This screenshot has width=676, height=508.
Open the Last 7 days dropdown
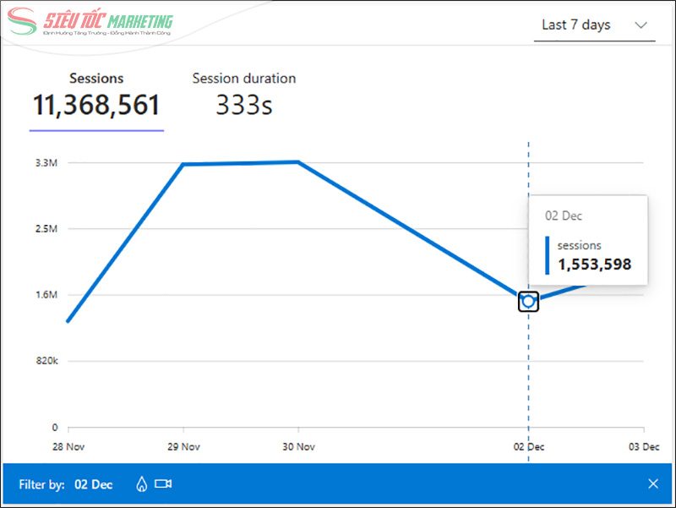594,25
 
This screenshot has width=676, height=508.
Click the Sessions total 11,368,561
96,105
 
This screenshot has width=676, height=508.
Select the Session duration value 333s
243,105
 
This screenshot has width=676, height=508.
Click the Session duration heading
243,79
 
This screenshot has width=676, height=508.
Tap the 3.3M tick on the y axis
46,162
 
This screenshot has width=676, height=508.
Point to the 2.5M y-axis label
46,229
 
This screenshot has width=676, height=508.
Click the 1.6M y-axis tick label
46,295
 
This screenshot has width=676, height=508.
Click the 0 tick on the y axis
54,428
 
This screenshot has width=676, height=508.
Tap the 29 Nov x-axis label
183,446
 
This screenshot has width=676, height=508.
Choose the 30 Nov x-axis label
298,446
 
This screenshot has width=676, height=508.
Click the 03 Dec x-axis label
644,446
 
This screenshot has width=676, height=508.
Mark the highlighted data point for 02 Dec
529,301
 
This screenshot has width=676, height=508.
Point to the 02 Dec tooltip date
564,216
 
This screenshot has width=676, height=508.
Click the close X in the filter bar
653,484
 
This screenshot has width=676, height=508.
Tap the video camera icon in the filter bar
163,484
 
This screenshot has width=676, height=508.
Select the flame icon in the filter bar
141,484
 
